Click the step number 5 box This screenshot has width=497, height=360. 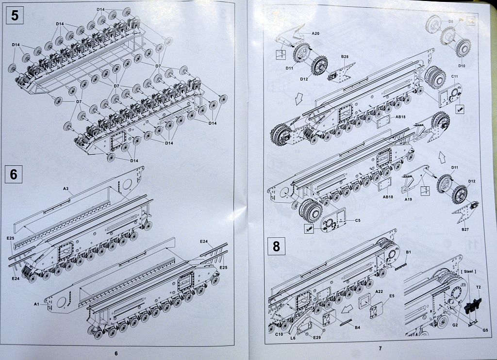click(15, 16)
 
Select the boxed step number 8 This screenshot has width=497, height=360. click(276, 246)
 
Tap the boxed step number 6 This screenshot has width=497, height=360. click(14, 174)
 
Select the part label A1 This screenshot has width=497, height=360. click(36, 304)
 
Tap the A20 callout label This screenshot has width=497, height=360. click(315, 33)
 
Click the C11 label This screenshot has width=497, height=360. click(455, 77)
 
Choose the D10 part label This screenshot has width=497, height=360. click(461, 65)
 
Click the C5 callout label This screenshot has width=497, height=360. click(357, 221)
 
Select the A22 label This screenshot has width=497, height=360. click(380, 292)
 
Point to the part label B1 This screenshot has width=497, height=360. click(408, 252)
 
